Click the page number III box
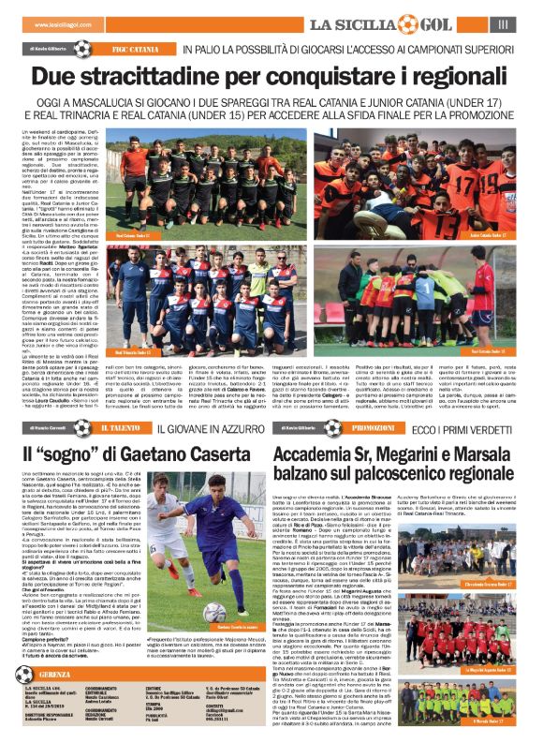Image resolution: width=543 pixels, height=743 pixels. [x=504, y=23]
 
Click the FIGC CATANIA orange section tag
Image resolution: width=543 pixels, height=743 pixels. [x=136, y=46]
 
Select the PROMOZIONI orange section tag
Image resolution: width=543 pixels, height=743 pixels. [x=372, y=426]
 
